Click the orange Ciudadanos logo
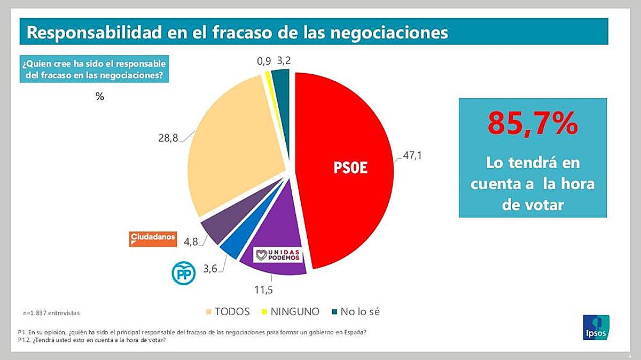[153, 238]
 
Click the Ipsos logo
[596, 327]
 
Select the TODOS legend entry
[228, 311]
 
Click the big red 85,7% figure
[533, 123]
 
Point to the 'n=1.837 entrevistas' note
[55, 312]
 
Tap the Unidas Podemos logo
[278, 255]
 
